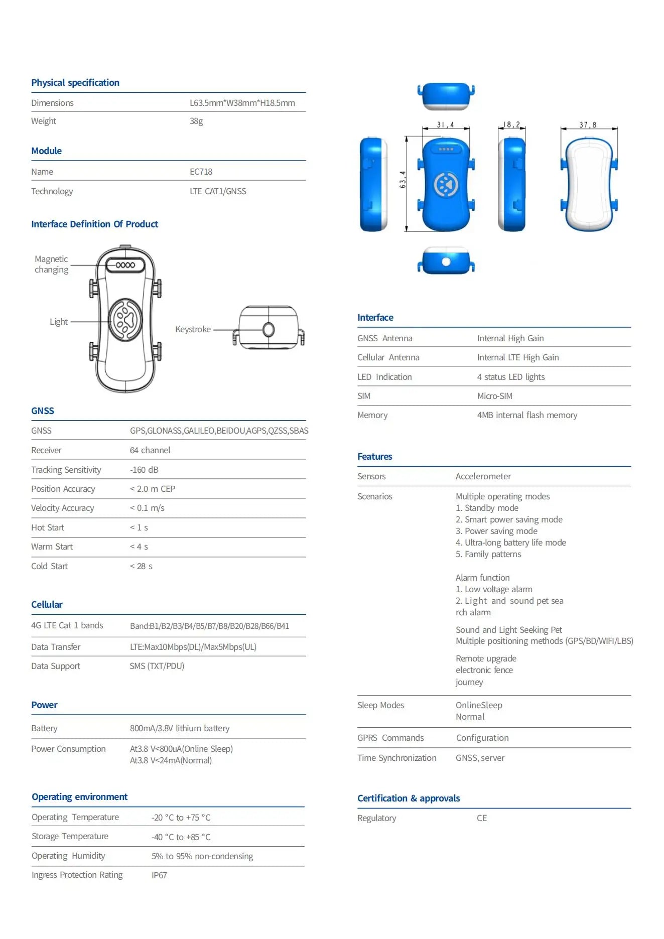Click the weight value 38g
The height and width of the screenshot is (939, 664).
(x=196, y=121)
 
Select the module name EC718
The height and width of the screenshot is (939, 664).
(x=201, y=172)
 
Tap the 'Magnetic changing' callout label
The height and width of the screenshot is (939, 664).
(x=51, y=264)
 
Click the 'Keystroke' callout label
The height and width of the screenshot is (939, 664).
(x=193, y=330)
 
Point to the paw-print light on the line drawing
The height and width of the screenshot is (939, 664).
(x=125, y=320)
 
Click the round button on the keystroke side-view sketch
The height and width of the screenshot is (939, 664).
(x=269, y=330)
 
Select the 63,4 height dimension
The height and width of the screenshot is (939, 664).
(x=403, y=180)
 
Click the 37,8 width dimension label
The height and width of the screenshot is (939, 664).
(x=588, y=125)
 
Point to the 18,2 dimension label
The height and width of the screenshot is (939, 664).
(x=512, y=125)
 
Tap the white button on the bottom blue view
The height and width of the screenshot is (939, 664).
(x=446, y=262)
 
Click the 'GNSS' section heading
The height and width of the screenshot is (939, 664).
(x=43, y=411)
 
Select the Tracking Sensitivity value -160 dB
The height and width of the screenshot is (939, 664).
(x=144, y=470)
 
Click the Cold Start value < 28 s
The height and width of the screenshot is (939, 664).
(x=141, y=567)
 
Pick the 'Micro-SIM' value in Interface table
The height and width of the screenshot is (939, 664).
(x=495, y=396)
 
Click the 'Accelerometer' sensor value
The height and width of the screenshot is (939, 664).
(x=483, y=477)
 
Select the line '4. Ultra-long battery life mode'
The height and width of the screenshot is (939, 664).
(x=510, y=543)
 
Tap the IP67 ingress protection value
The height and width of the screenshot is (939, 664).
(x=159, y=876)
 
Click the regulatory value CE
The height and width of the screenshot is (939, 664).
(x=482, y=819)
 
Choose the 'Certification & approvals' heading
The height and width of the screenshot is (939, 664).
(x=408, y=798)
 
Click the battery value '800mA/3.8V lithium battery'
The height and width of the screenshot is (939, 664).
(x=180, y=729)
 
